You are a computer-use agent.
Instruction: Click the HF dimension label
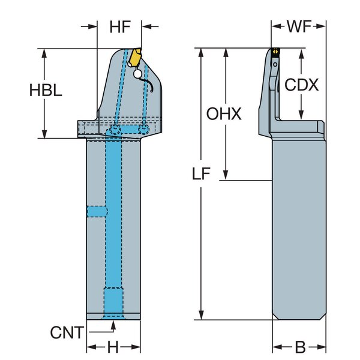(x=120, y=27)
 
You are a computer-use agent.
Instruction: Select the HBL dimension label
(x=46, y=90)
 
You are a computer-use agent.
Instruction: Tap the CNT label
(x=67, y=332)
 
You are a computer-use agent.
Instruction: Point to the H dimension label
(x=113, y=347)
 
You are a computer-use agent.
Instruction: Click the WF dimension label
(x=299, y=26)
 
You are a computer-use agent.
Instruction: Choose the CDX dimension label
(x=301, y=85)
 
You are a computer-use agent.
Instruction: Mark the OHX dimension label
(x=224, y=113)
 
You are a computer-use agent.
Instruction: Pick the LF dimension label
(x=201, y=173)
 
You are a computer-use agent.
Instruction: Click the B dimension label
(x=301, y=347)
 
